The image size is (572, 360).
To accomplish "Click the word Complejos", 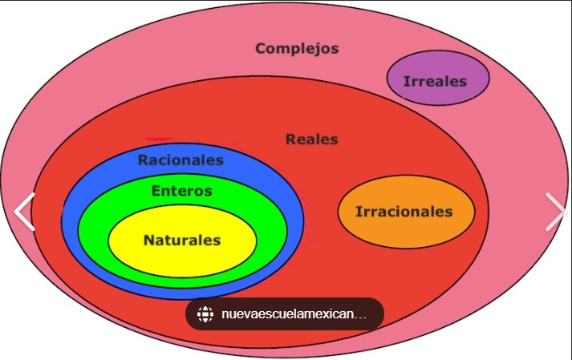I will click(x=297, y=48).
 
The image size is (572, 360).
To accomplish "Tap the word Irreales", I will click(x=435, y=81).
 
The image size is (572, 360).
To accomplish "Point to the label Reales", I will click(x=311, y=140).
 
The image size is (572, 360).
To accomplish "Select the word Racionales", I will click(x=181, y=160).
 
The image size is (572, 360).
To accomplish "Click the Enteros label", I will click(x=182, y=191).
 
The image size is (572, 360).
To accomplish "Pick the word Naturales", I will click(x=182, y=240).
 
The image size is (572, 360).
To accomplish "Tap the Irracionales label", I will click(x=404, y=212).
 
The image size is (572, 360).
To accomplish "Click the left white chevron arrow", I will click(x=25, y=212).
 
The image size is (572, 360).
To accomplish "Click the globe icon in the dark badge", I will click(x=205, y=314).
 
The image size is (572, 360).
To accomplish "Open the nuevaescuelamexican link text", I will click(x=294, y=314).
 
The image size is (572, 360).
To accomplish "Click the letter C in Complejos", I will click(x=261, y=48).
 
